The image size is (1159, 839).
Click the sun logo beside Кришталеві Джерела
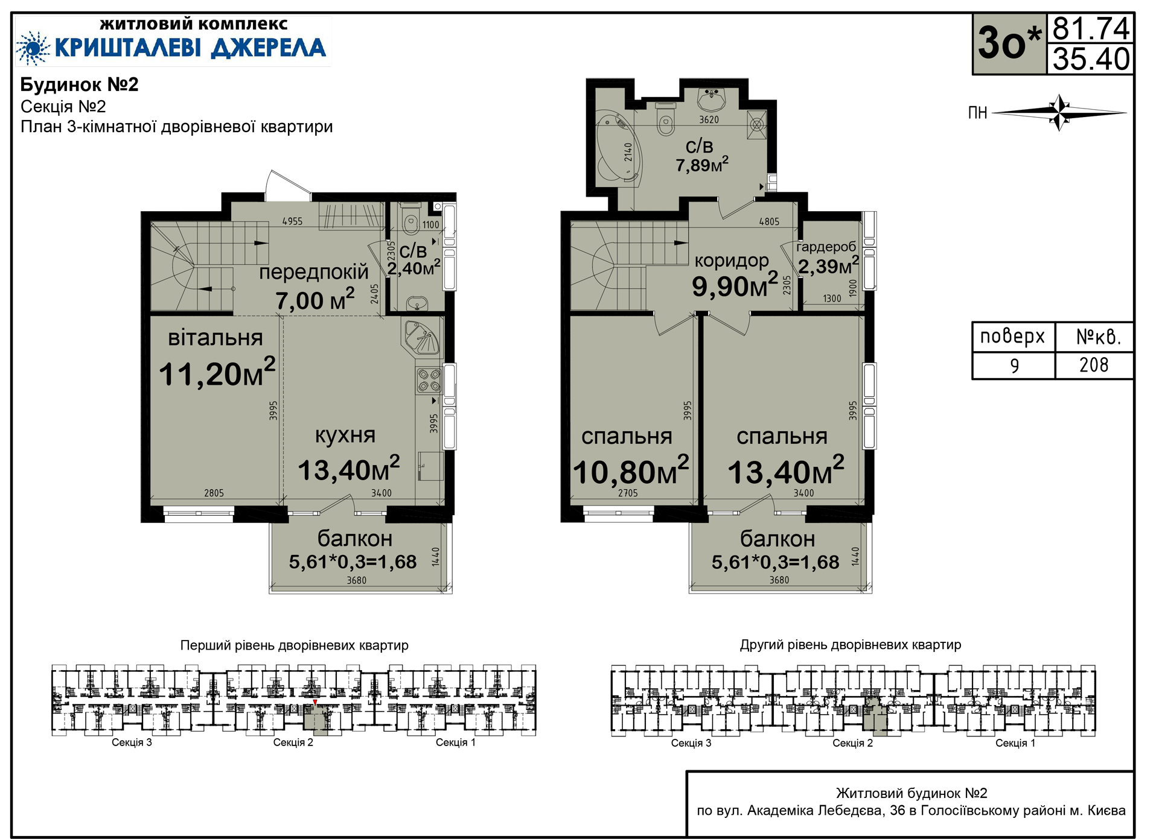33,48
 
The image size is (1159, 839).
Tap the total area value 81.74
1091,28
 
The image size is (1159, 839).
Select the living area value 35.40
1091,59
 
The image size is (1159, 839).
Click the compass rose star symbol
1060,112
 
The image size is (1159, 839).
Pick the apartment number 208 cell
1094,365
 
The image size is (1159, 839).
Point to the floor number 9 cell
1014,366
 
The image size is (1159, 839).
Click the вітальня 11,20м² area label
217,359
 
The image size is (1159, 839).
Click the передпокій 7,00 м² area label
314,287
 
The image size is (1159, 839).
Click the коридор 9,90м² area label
735,276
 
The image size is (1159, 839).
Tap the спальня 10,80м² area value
631,472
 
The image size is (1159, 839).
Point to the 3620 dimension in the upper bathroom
709,119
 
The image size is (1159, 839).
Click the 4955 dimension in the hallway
292,221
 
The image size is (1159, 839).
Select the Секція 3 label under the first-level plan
132,742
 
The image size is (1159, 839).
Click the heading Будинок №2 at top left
80,84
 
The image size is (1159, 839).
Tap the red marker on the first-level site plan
314,702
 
